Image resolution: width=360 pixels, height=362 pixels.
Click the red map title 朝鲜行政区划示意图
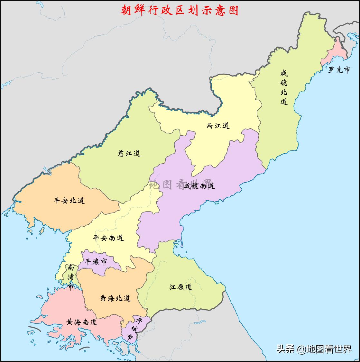(180, 10)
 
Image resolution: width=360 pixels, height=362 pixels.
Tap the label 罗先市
(339, 70)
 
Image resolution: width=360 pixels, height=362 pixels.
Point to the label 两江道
(218, 126)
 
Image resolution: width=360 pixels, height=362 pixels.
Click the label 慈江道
(129, 153)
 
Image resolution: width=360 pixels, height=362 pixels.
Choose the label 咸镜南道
(199, 186)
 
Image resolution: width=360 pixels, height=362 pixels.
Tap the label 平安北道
(69, 201)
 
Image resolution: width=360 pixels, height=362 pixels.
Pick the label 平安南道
(108, 238)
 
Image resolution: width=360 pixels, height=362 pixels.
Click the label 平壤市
(96, 262)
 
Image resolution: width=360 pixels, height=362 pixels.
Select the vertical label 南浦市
(71, 277)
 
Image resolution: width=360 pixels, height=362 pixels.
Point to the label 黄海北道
(115, 298)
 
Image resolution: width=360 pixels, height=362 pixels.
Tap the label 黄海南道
(82, 322)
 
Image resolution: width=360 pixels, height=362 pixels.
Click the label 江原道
(181, 287)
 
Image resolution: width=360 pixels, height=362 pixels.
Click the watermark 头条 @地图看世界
(314, 349)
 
